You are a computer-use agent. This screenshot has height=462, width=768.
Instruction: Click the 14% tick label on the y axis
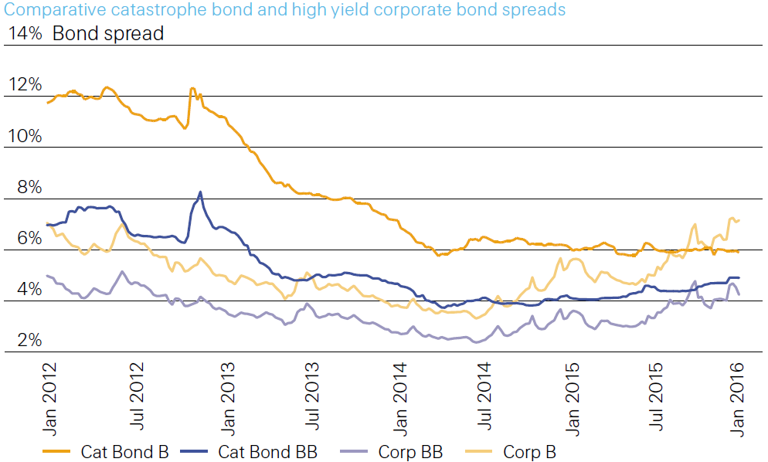click(x=25, y=33)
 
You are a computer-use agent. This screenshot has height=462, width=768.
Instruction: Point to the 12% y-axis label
click(x=25, y=85)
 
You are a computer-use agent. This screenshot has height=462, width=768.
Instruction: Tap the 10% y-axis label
click(x=25, y=136)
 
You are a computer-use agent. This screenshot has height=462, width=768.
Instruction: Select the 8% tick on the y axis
click(x=29, y=187)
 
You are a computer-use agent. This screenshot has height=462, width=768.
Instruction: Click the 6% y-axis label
click(x=29, y=238)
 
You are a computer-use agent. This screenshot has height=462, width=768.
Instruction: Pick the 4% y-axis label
click(x=29, y=289)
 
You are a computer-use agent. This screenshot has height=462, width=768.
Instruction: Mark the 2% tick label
click(x=29, y=340)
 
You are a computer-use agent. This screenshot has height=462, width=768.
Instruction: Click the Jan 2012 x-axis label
click(x=49, y=399)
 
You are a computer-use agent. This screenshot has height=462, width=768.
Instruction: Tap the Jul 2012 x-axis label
click(x=137, y=396)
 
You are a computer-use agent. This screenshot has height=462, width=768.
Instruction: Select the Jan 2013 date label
click(x=228, y=399)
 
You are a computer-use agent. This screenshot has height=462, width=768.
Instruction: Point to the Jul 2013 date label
click(x=311, y=396)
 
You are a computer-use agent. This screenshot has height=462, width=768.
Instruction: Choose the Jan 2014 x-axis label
click(x=399, y=399)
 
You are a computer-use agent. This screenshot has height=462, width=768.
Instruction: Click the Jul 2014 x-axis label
click(x=484, y=396)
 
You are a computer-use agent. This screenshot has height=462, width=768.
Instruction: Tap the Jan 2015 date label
click(x=572, y=399)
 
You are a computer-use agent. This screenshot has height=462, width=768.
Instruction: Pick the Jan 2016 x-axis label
click(x=736, y=399)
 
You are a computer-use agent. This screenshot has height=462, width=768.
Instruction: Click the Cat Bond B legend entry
click(x=106, y=452)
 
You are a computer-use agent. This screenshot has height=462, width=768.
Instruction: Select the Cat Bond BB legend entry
click(x=249, y=452)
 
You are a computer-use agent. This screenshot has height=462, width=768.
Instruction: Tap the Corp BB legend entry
click(x=392, y=452)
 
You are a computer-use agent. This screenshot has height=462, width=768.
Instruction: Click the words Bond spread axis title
click(x=108, y=34)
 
